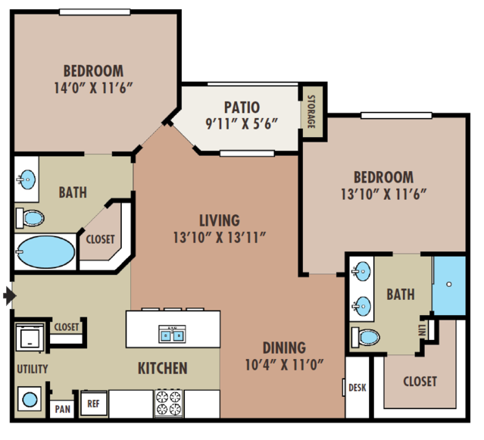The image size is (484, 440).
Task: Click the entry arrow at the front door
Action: point(10,295)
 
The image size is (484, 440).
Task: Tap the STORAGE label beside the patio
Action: point(311,111)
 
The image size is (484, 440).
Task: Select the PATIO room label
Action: point(242,108)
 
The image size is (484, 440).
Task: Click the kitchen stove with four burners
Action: point(169,403)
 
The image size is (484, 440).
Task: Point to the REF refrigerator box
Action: point(93,404)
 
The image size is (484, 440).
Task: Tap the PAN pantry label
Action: point(63,409)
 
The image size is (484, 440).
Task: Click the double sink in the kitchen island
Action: point(172,334)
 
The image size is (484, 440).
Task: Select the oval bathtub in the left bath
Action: point(45,251)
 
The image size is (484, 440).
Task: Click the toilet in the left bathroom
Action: point(30,218)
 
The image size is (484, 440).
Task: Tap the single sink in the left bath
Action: point(27,179)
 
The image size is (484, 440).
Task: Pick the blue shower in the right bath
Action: point(449,286)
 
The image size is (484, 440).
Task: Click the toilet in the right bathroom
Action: point(366,337)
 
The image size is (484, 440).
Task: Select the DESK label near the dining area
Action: point(358,388)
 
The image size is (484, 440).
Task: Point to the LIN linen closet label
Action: point(422,330)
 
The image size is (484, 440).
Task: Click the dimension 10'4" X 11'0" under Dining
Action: point(284,365)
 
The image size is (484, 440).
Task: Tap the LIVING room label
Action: point(220,220)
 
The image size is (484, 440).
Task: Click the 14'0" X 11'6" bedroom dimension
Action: point(93,88)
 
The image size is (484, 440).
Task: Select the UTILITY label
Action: point(33,369)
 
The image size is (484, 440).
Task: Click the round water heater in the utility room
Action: point(30,399)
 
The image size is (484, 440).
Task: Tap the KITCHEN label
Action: point(162,368)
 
